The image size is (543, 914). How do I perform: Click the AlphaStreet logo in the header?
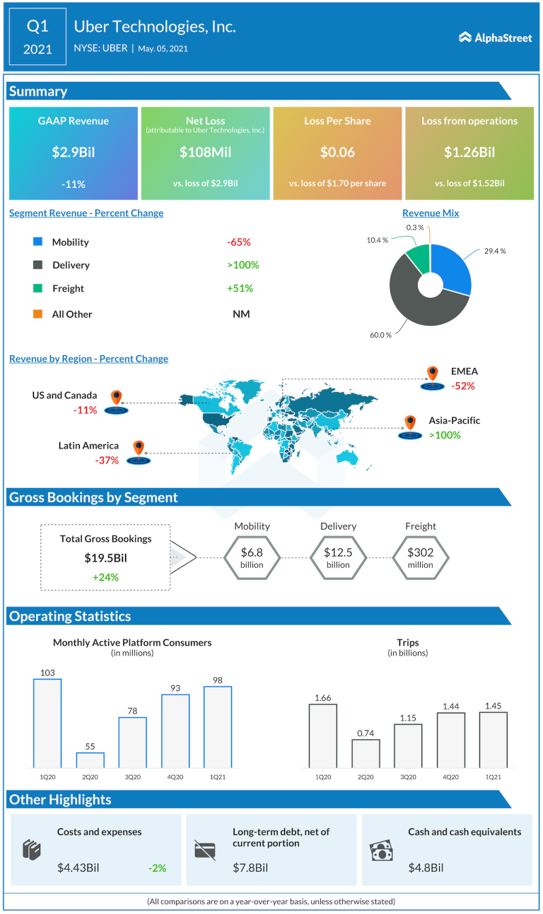tap(495, 37)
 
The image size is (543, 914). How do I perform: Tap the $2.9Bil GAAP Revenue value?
tap(73, 152)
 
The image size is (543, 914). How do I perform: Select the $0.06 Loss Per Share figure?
tap(337, 152)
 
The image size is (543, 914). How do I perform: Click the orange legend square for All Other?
tap(37, 314)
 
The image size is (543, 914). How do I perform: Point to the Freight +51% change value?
tap(240, 288)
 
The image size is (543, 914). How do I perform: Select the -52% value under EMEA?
tap(462, 386)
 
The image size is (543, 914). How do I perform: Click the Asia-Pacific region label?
tap(454, 420)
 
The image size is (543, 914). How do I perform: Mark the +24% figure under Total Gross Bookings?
tap(105, 576)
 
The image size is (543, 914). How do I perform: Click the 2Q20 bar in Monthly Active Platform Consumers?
tap(90, 760)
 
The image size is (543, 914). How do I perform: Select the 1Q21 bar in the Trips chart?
tap(493, 740)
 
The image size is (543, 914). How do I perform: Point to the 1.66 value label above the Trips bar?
tap(323, 699)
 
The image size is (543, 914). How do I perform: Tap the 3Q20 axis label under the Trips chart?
tap(408, 777)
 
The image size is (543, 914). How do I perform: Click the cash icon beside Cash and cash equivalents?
tap(383, 851)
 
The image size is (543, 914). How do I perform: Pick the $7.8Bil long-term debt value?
tap(250, 867)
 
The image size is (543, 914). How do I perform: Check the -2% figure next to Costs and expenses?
tap(157, 867)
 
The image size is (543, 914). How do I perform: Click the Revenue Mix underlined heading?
tap(431, 213)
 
